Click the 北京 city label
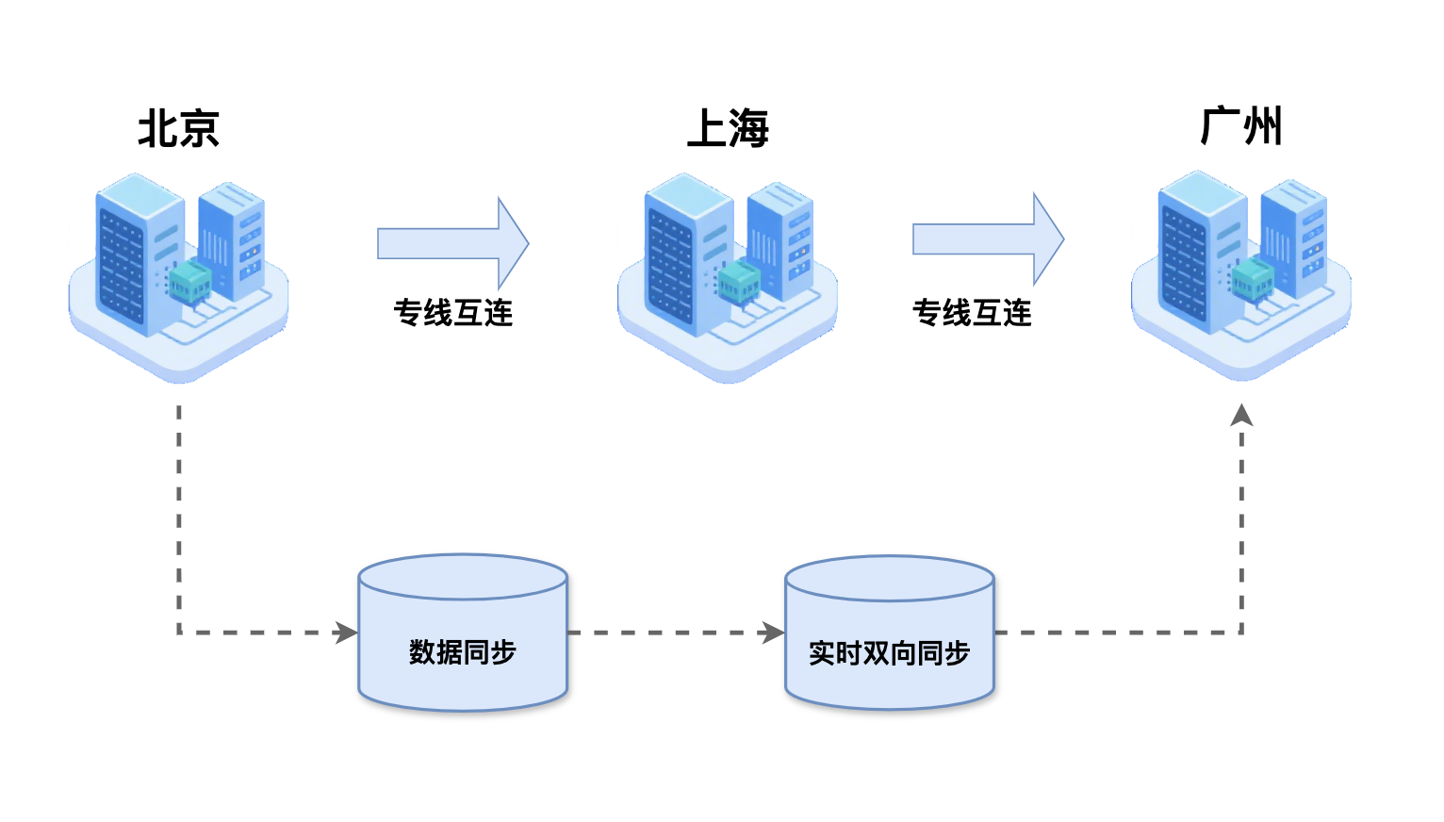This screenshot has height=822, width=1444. [x=179, y=128]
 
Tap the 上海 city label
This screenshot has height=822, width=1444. [x=728, y=128]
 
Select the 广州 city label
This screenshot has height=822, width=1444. [x=1241, y=126]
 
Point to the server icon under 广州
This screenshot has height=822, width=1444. [x=1241, y=273]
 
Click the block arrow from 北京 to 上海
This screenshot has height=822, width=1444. [x=452, y=243]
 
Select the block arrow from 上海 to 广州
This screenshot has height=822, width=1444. [x=987, y=239]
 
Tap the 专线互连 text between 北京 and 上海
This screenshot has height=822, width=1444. [x=452, y=313]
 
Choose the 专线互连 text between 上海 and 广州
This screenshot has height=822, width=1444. [x=972, y=313]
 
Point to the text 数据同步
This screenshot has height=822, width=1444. [x=463, y=652]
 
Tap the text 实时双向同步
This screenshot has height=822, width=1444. [x=890, y=653]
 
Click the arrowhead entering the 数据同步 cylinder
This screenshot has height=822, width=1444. [x=347, y=633]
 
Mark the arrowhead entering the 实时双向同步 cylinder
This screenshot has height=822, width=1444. [x=774, y=633]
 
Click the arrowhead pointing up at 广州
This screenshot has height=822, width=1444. [x=1241, y=416]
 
